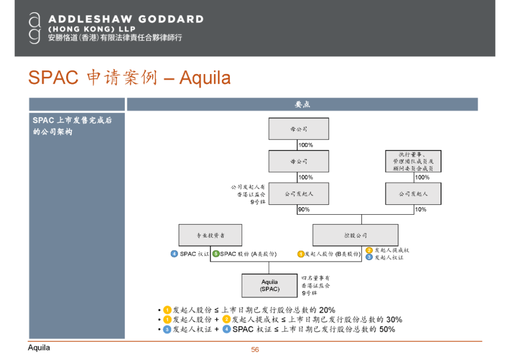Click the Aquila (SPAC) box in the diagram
coord(269,285)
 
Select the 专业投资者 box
coord(210,235)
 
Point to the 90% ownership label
coord(304,209)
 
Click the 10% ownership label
coord(420,209)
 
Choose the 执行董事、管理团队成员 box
coord(413,161)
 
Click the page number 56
coord(255,350)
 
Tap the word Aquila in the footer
coord(39,348)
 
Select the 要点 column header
coord(302,104)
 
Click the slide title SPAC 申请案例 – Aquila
coord(129,78)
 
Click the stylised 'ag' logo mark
coord(34,28)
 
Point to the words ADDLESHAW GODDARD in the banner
coord(126,19)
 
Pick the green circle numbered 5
coord(216,254)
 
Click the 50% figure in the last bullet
coord(387,329)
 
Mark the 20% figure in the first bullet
coord(327,310)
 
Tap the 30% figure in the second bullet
coord(394,319)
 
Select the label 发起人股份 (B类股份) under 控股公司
coord(332,254)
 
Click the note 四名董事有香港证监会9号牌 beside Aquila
coord(315,285)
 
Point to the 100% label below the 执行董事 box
coord(422,177)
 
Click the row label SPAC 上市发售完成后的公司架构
coord(72,126)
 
